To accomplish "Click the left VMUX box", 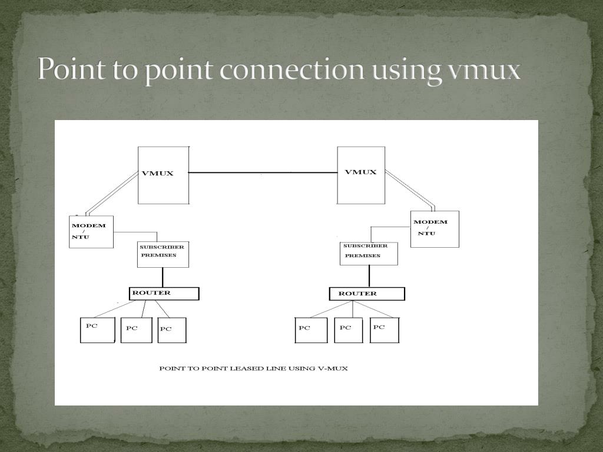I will pyautogui.click(x=164, y=175).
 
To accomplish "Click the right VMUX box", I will pyautogui.click(x=361, y=175).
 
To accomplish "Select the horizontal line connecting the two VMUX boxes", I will pyautogui.click(x=263, y=172).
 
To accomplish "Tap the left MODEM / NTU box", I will pyautogui.click(x=91, y=232).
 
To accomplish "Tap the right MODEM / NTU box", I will pyautogui.click(x=435, y=229).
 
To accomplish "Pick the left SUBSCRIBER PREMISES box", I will pyautogui.click(x=163, y=255).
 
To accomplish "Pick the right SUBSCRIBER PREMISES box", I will pyautogui.click(x=369, y=253).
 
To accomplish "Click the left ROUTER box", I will pyautogui.click(x=164, y=294).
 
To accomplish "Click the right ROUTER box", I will pyautogui.click(x=367, y=294).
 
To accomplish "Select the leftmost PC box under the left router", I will pyautogui.click(x=97, y=330).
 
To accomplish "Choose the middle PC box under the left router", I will pyautogui.click(x=136, y=330).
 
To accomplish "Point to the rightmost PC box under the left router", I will pyautogui.click(x=172, y=330).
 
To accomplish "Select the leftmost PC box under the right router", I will pyautogui.click(x=311, y=330).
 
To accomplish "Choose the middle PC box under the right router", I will pyautogui.click(x=349, y=330).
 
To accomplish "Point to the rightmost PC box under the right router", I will pyautogui.click(x=385, y=330).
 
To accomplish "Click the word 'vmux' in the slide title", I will pyautogui.click(x=484, y=70).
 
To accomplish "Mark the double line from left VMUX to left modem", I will pyautogui.click(x=112, y=193).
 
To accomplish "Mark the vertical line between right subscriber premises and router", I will pyautogui.click(x=369, y=276).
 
